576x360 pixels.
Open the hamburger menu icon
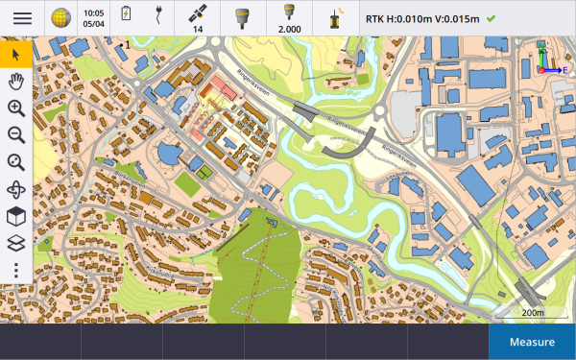point(21,18)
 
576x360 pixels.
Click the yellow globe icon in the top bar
point(60,18)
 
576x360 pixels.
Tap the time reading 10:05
point(93,13)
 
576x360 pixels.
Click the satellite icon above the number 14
point(197,12)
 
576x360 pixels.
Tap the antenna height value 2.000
point(289,29)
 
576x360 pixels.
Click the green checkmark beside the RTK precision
point(492,18)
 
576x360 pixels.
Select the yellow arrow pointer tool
point(16,54)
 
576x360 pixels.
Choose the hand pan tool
point(16,81)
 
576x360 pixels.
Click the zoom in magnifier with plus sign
point(16,108)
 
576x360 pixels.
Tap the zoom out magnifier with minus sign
point(16,134)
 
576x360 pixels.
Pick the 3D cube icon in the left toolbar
point(16,216)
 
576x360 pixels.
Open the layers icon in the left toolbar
point(16,243)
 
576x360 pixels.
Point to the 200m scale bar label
point(532,313)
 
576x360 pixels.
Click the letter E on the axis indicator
point(565,69)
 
